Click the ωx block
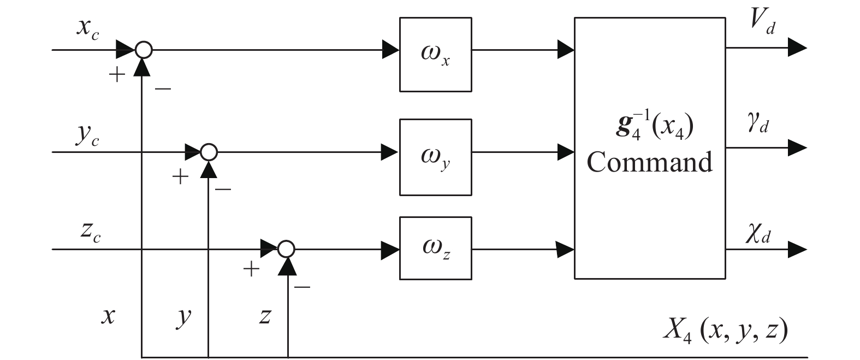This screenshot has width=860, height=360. pos(435,54)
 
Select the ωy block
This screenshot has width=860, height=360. pos(435,157)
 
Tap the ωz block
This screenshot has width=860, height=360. pos(435,248)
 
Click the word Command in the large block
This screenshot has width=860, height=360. pos(649,162)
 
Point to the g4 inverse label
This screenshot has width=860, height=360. pos(649,128)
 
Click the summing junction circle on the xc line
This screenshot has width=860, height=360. pos(143,50)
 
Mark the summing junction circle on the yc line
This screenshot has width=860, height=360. pos(209,151)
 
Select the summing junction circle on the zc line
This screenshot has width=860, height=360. pos(286,249)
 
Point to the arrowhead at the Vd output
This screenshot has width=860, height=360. pos(797,48)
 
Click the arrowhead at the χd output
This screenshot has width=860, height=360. pos(797,250)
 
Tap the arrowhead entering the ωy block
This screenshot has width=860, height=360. pos(390,151)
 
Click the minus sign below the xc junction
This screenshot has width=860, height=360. pos(162,87)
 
